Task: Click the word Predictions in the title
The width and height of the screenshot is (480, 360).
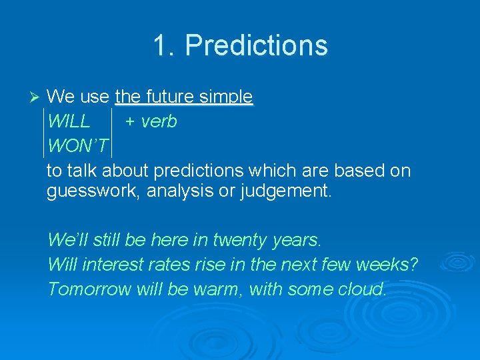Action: [257, 46]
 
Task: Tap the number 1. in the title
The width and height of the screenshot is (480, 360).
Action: [164, 46]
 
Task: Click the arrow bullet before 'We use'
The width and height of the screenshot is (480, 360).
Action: [36, 97]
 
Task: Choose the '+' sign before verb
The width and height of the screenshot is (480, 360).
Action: [130, 122]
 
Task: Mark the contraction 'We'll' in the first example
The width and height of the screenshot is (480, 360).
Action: [69, 239]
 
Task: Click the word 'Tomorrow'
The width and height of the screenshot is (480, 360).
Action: [90, 289]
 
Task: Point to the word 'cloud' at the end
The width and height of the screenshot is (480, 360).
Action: [363, 289]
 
